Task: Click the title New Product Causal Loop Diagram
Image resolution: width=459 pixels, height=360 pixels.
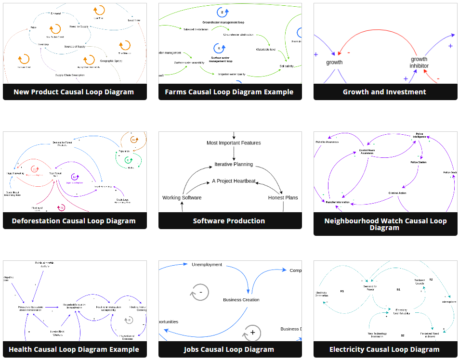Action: (x=74, y=92)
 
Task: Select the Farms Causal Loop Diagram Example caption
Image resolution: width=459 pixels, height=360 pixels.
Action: (x=229, y=92)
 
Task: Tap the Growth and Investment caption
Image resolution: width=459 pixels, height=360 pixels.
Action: (x=384, y=92)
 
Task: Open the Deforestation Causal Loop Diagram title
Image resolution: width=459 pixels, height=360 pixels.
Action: (x=74, y=221)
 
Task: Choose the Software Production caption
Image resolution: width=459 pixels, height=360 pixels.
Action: (x=229, y=221)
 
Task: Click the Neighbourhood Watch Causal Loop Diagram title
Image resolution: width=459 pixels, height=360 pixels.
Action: (x=385, y=224)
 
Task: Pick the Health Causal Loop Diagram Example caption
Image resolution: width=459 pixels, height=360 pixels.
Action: (x=74, y=349)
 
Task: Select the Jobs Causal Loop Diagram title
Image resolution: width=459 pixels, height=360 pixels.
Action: (x=229, y=349)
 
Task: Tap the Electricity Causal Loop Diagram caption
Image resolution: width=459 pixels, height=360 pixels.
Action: (x=384, y=349)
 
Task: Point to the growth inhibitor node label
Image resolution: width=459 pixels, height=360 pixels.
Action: (x=419, y=63)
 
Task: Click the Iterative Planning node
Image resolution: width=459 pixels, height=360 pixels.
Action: (x=234, y=164)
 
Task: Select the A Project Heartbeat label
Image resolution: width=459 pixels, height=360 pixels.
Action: (x=234, y=181)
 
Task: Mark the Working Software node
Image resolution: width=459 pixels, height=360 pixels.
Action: (x=182, y=198)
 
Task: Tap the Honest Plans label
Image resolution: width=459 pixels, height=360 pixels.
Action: (x=283, y=198)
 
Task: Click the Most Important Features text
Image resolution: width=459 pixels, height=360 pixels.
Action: (x=234, y=143)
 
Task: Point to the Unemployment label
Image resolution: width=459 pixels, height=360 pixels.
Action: (x=207, y=265)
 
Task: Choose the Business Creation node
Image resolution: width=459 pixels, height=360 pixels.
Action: (x=241, y=300)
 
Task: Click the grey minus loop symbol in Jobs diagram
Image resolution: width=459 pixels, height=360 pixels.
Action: (x=200, y=292)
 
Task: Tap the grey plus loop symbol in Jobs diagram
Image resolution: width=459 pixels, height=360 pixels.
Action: (x=252, y=333)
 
